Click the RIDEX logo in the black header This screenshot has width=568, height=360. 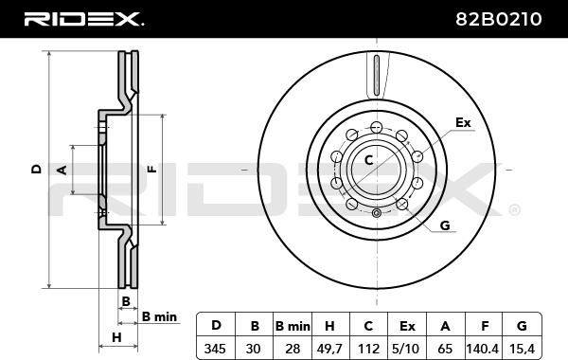83,19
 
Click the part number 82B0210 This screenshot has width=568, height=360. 499,19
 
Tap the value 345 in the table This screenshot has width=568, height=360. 215,349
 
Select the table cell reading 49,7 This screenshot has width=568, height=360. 328,349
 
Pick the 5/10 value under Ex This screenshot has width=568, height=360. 406,349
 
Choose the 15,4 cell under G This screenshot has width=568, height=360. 522,349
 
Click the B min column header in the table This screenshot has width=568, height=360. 293,326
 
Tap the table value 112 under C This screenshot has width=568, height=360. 368,349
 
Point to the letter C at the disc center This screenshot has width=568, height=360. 368,160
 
